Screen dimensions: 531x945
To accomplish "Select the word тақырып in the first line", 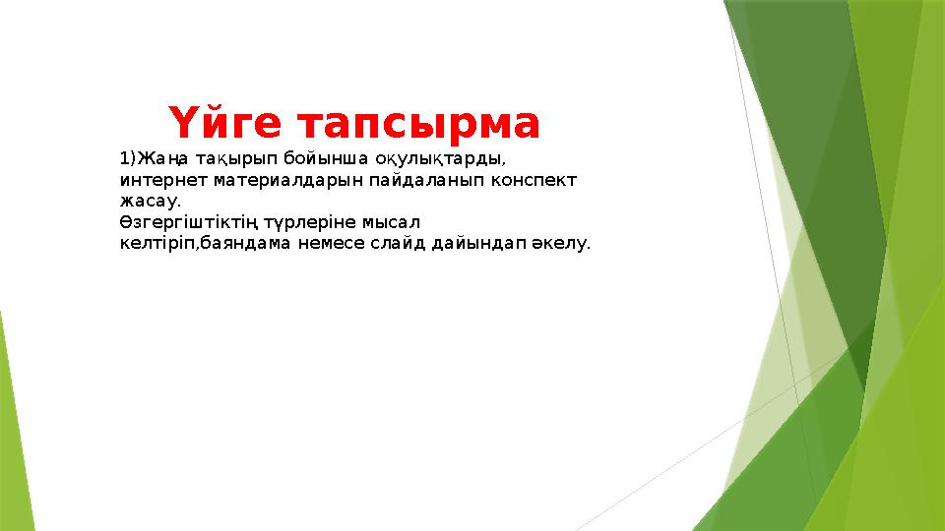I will pyautogui.click(x=236, y=158).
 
